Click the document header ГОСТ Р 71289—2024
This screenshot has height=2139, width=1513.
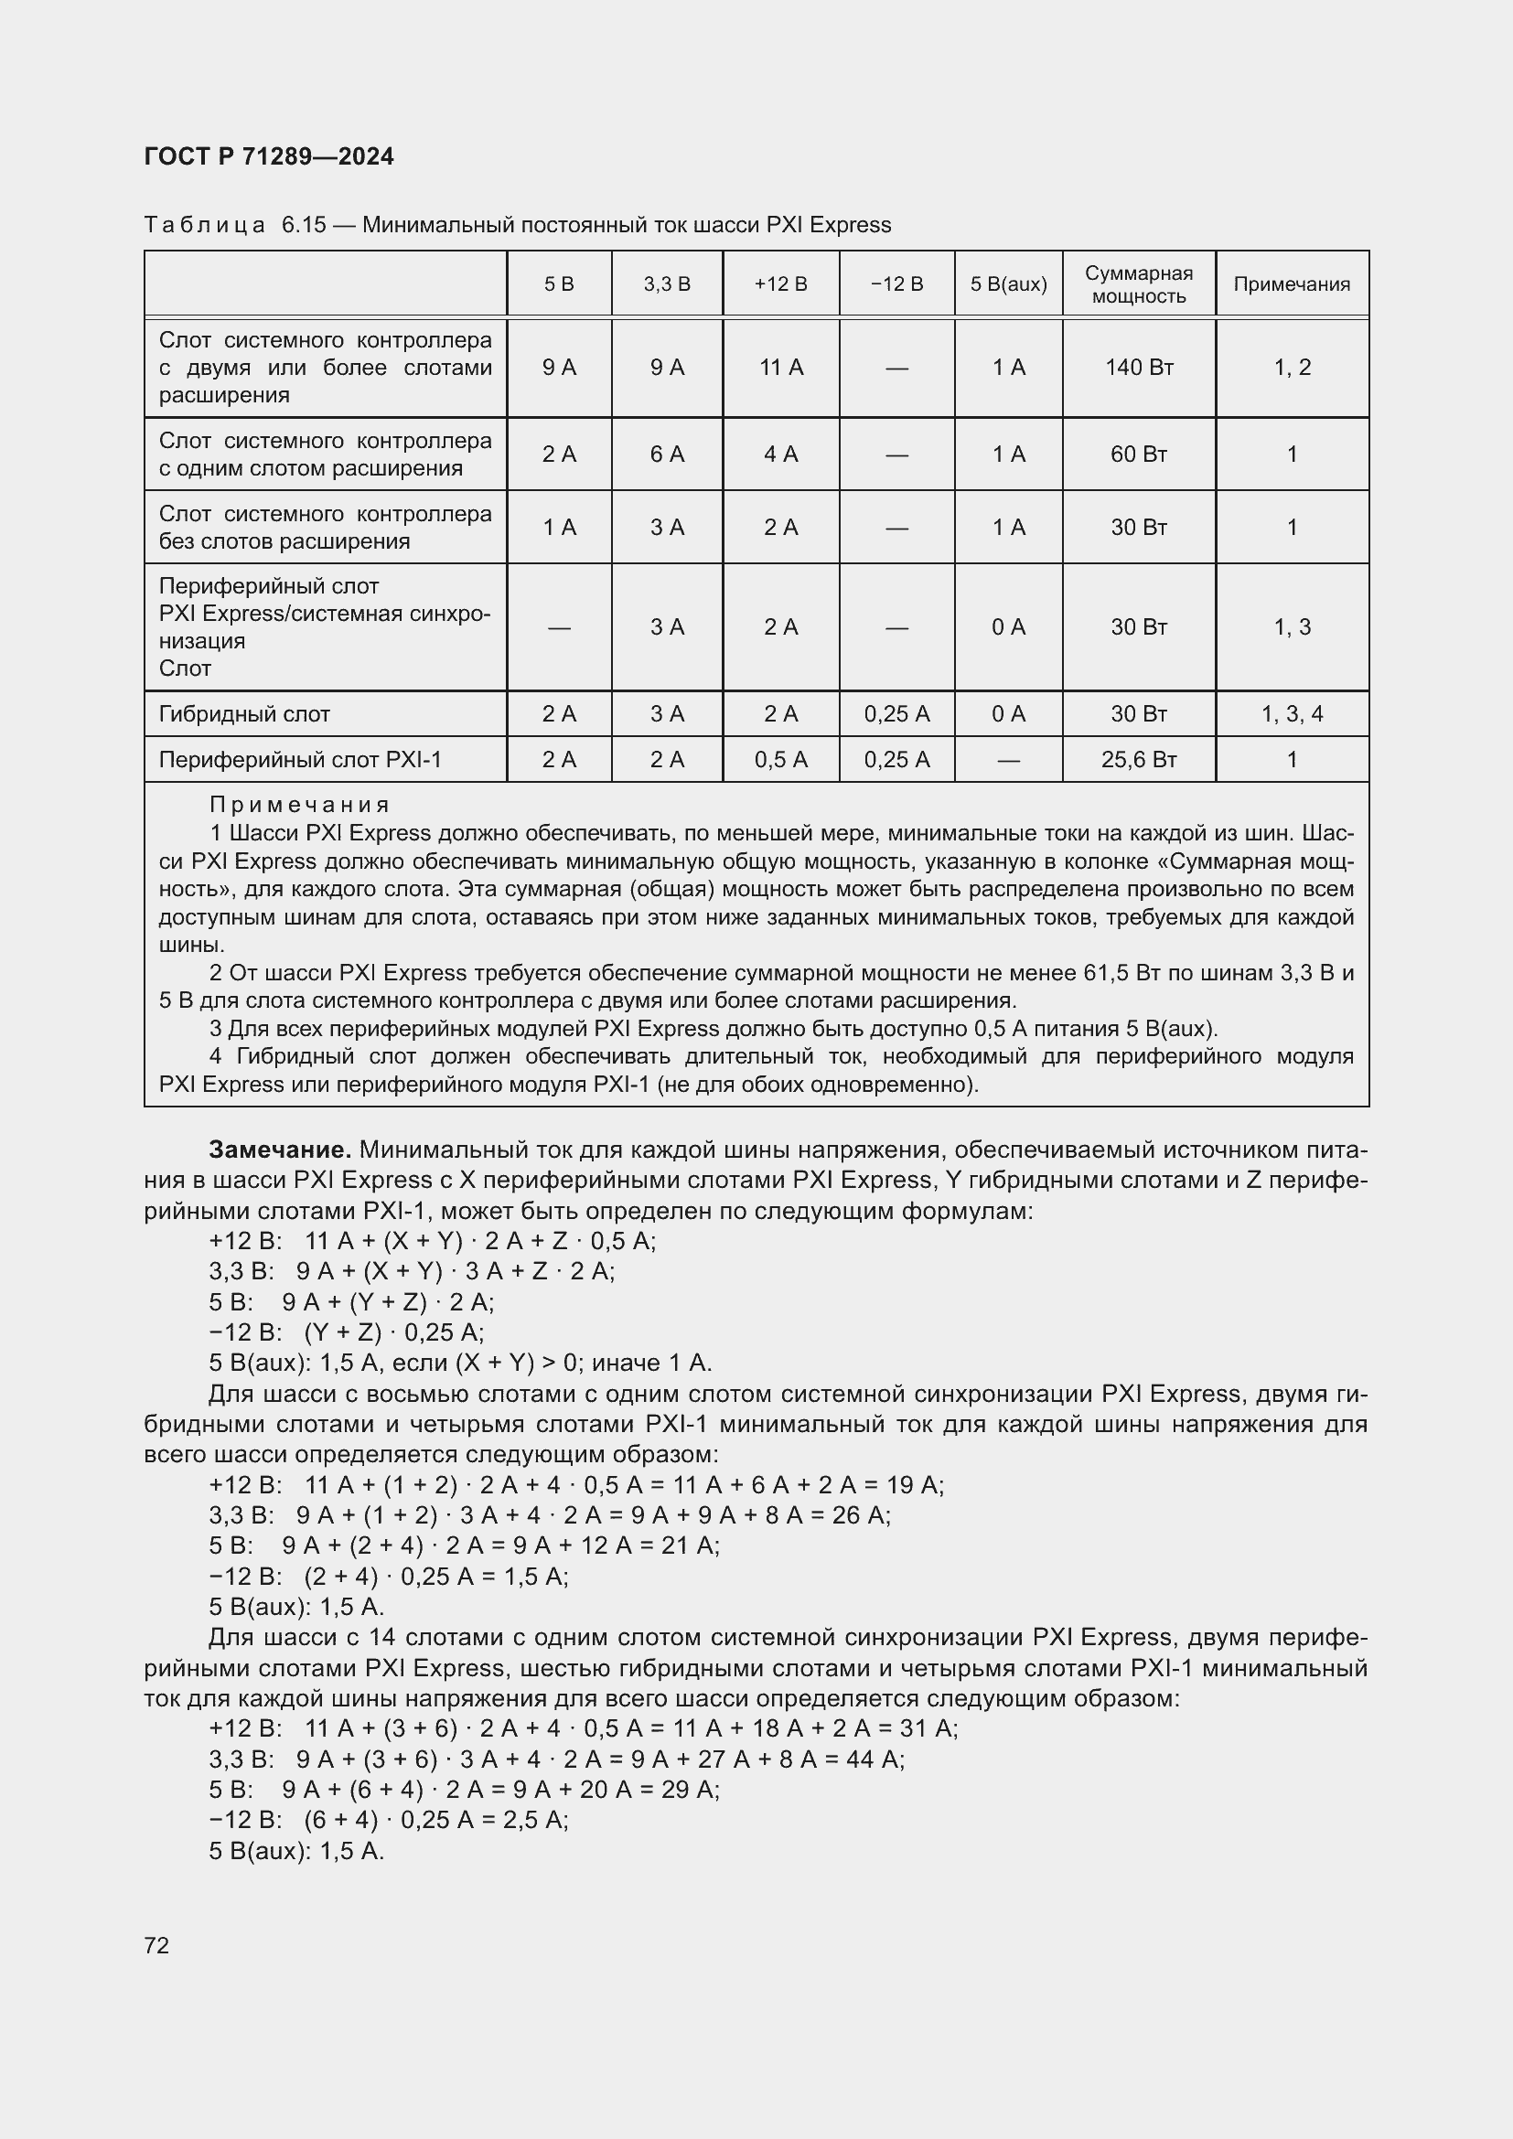269,156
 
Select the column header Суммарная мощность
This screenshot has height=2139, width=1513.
1139,284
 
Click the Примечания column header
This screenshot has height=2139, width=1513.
1292,284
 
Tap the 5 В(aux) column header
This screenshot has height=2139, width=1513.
1008,284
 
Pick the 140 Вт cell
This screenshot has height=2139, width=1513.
1139,368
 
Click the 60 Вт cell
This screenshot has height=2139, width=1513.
1139,455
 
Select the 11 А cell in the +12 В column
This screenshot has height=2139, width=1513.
780,368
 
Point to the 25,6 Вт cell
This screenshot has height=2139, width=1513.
1139,760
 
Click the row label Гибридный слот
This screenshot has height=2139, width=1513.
244,714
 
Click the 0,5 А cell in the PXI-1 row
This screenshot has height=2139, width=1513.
780,760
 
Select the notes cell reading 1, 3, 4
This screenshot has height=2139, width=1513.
1292,714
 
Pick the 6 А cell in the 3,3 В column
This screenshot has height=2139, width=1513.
667,455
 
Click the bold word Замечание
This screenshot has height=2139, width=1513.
280,1150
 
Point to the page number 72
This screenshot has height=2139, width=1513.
156,1945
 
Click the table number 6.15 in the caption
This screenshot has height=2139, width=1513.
303,226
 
